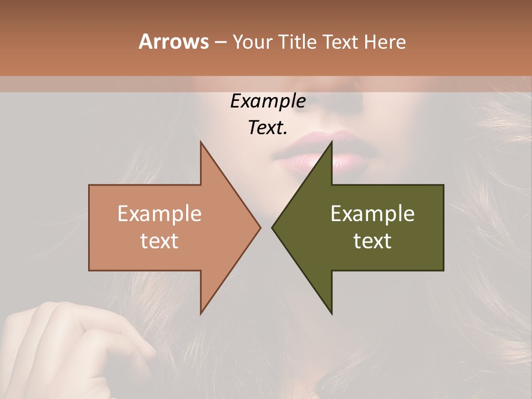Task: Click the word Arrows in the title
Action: click(x=173, y=42)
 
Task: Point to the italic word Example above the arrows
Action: click(x=268, y=101)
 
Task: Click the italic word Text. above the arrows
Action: click(x=268, y=128)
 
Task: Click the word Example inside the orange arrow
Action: click(x=160, y=214)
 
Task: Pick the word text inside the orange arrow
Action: click(x=160, y=241)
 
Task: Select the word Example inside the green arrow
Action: click(x=372, y=214)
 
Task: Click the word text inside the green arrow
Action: click(x=372, y=241)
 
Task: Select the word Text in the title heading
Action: click(x=340, y=42)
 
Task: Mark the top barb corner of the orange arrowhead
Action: click(x=201, y=142)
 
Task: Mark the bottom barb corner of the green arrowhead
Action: click(x=331, y=314)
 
